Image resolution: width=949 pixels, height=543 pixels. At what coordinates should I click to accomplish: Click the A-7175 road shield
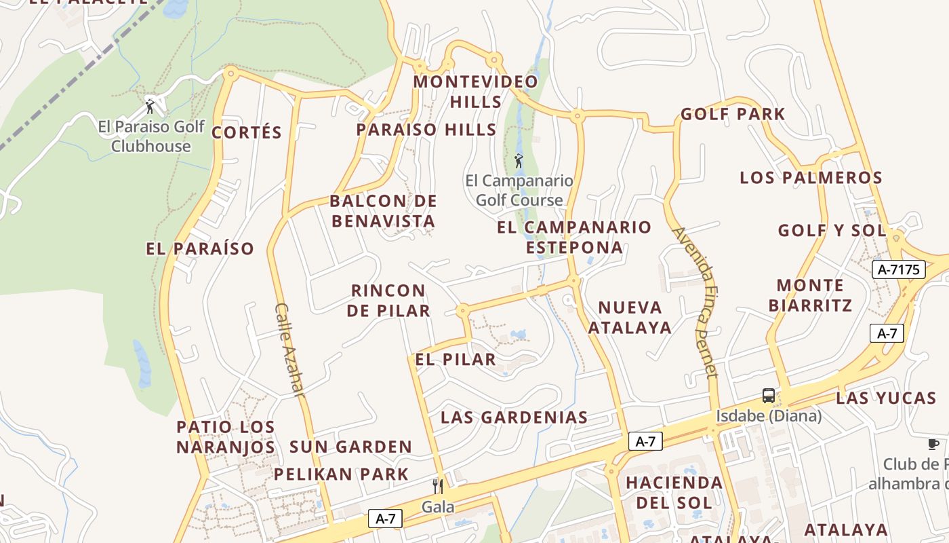pos(899,269)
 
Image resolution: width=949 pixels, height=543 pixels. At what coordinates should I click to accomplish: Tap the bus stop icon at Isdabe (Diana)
pos(768,395)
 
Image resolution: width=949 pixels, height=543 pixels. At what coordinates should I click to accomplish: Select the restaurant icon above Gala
pos(438,486)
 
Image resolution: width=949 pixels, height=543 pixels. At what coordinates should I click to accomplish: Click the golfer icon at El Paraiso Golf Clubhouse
pos(150,107)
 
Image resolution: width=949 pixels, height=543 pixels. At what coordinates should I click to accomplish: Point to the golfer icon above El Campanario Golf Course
pos(519,161)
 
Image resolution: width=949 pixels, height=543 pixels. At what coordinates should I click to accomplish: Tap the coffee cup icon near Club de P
pos(933,444)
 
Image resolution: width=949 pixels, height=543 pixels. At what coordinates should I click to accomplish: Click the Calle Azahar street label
pos(289,349)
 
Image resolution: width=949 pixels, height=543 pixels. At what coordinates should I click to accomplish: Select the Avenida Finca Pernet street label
pos(695,301)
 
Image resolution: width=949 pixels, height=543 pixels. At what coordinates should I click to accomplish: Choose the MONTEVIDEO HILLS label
pos(476,92)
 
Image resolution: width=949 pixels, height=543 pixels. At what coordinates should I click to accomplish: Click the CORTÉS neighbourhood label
pos(246,132)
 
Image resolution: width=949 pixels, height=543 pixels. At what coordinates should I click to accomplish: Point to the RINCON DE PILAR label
pos(388,301)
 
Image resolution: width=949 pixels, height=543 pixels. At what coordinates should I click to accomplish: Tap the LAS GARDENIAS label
pos(514,417)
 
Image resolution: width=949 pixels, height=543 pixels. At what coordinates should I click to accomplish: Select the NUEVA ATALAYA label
pos(630,318)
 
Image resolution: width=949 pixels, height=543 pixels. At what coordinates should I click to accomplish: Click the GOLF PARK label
pos(733,114)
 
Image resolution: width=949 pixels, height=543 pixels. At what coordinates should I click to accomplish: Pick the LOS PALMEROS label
pos(811,178)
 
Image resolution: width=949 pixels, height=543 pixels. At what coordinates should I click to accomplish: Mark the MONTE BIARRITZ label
pos(810,295)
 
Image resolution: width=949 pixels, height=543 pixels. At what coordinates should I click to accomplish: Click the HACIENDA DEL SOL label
pos(674,493)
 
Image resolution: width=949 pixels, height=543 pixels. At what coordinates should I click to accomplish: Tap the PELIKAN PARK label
pos(341,474)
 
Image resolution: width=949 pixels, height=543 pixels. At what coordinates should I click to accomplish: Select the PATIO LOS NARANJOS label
pos(226,437)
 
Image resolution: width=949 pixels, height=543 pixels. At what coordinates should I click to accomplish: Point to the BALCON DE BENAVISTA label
pos(383,211)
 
